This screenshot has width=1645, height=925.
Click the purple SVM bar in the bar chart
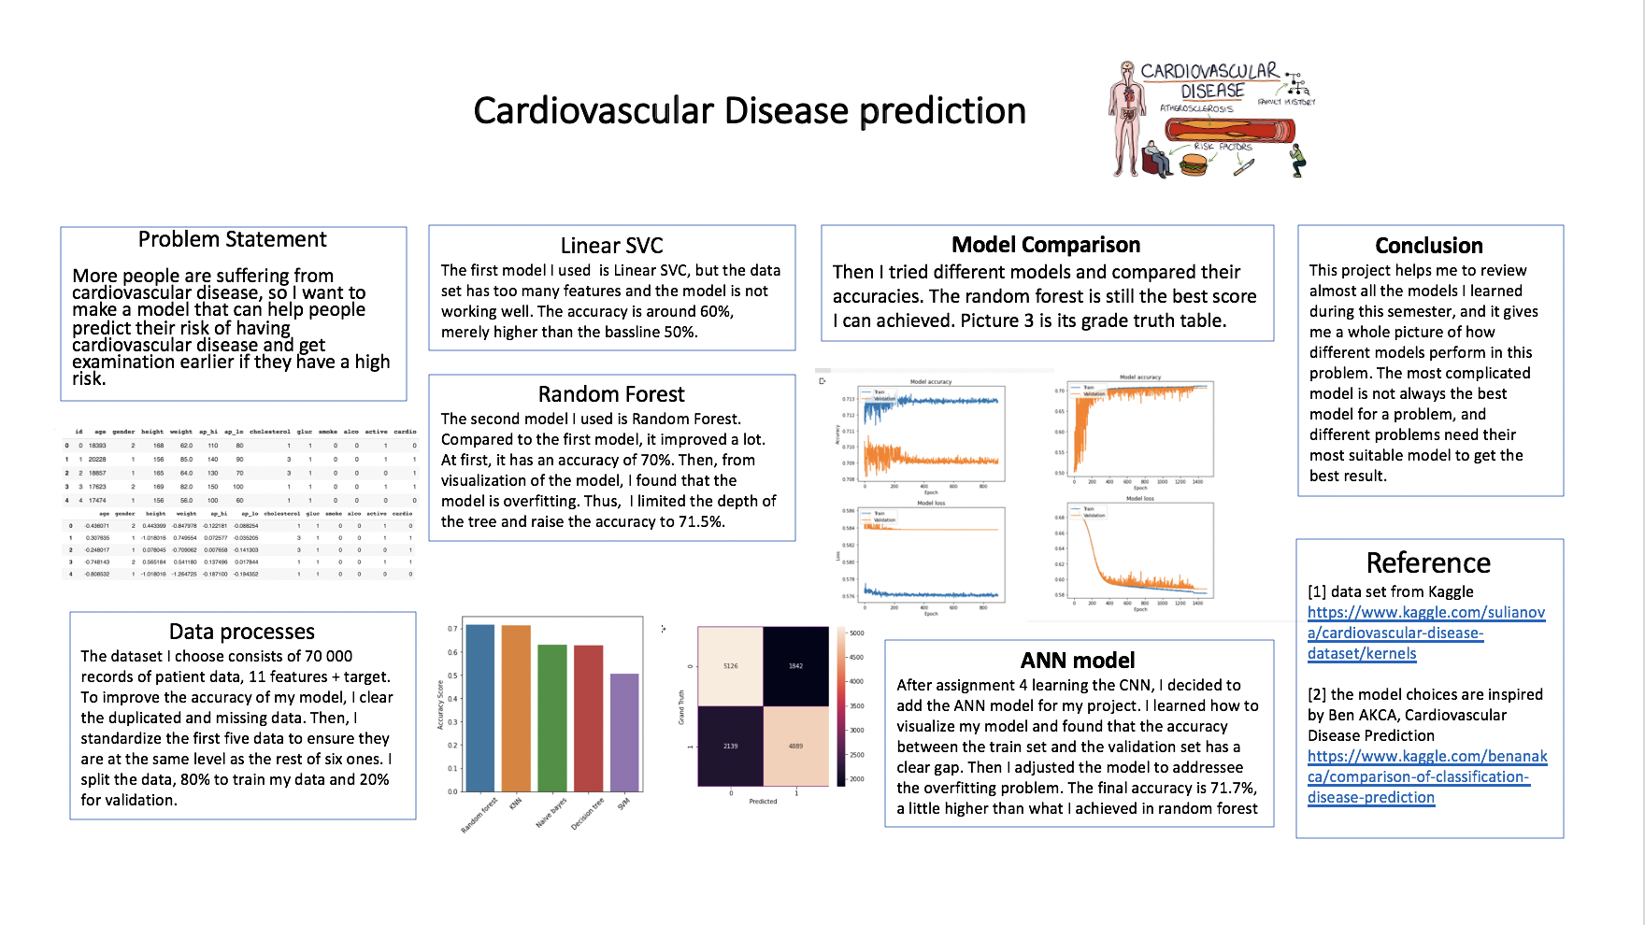click(624, 733)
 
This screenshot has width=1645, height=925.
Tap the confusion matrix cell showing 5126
click(730, 666)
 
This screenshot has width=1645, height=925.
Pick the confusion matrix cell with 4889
click(795, 746)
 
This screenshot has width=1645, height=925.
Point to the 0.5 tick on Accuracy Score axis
click(452, 676)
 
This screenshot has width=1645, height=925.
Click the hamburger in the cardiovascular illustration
click(1194, 165)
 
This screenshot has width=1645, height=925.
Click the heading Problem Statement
click(232, 239)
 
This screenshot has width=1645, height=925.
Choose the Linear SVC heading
click(611, 246)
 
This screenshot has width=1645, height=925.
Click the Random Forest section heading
click(611, 394)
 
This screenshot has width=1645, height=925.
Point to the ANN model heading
click(1078, 661)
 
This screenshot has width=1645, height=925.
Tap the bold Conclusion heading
click(1428, 246)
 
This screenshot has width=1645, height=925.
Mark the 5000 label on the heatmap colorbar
click(856, 633)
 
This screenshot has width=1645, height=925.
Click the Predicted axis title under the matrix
click(763, 802)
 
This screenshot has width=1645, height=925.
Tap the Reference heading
click(1428, 562)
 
